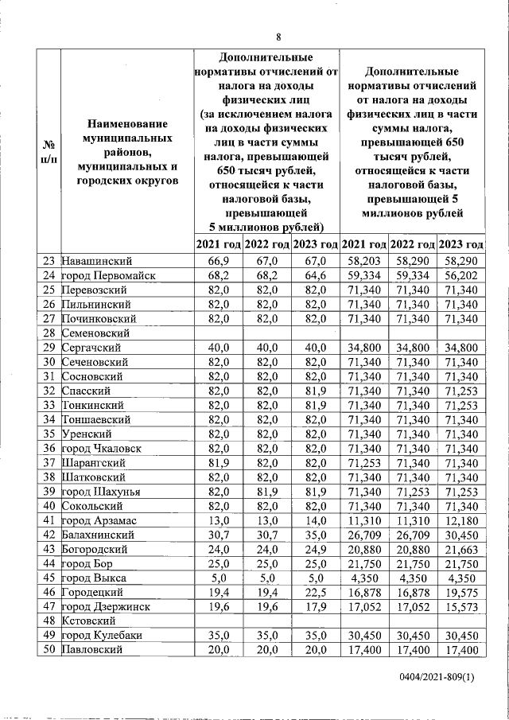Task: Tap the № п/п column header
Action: coord(49,151)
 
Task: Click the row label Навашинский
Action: coord(96,261)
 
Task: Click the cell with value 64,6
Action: coord(316,275)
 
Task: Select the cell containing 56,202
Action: coord(461,275)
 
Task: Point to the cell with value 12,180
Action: coord(461,520)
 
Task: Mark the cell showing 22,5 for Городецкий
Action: coord(316,593)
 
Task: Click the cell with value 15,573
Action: coord(461,607)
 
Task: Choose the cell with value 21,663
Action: coord(461,550)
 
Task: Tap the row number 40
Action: coord(49,506)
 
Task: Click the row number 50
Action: coord(49,650)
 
